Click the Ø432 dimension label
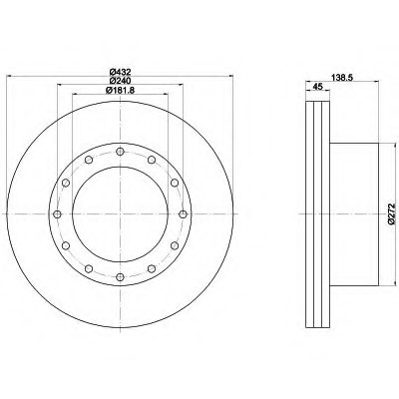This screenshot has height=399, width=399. click(120, 72)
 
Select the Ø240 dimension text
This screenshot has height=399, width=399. click(120, 81)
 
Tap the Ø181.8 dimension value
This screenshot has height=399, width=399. click(120, 90)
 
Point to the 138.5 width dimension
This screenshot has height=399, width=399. click(342, 77)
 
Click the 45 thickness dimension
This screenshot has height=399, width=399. click(318, 87)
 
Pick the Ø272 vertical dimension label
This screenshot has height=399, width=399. click(393, 214)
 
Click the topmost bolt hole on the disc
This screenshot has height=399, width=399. click(120, 152)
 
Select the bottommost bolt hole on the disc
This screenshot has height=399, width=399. click(120, 276)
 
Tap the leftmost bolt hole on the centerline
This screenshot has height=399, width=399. click(58, 214)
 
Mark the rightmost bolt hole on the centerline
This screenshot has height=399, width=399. click(183, 214)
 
